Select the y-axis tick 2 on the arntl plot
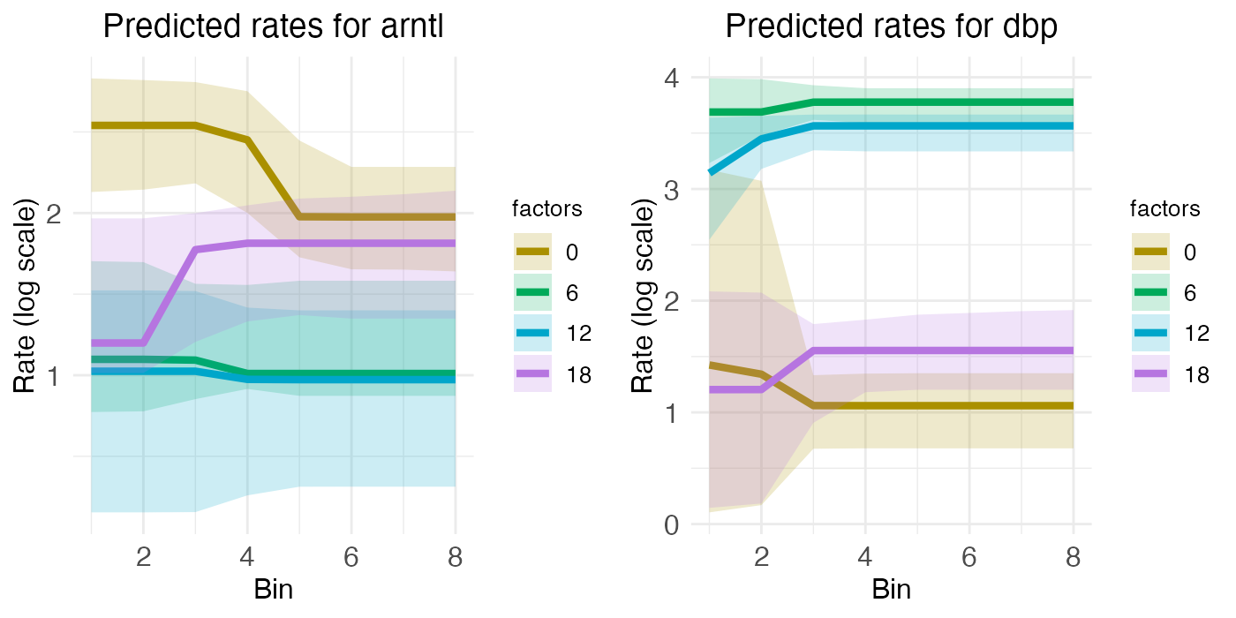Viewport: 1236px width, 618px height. [65, 214]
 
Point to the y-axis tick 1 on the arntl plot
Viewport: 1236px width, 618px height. [65, 376]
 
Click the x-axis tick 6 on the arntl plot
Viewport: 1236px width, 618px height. [351, 559]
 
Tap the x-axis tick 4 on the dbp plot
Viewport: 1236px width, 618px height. [865, 559]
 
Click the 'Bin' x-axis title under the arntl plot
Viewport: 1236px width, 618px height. [273, 590]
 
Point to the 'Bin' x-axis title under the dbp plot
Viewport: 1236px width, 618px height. [892, 590]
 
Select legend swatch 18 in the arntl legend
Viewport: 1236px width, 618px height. [533, 373]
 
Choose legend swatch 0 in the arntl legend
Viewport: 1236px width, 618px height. [533, 252]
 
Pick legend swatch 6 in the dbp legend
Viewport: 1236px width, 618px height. [1151, 292]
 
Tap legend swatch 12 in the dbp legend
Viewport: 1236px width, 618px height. [1151, 333]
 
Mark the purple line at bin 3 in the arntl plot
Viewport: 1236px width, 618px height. [195, 250]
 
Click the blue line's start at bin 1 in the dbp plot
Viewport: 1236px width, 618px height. [711, 171]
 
